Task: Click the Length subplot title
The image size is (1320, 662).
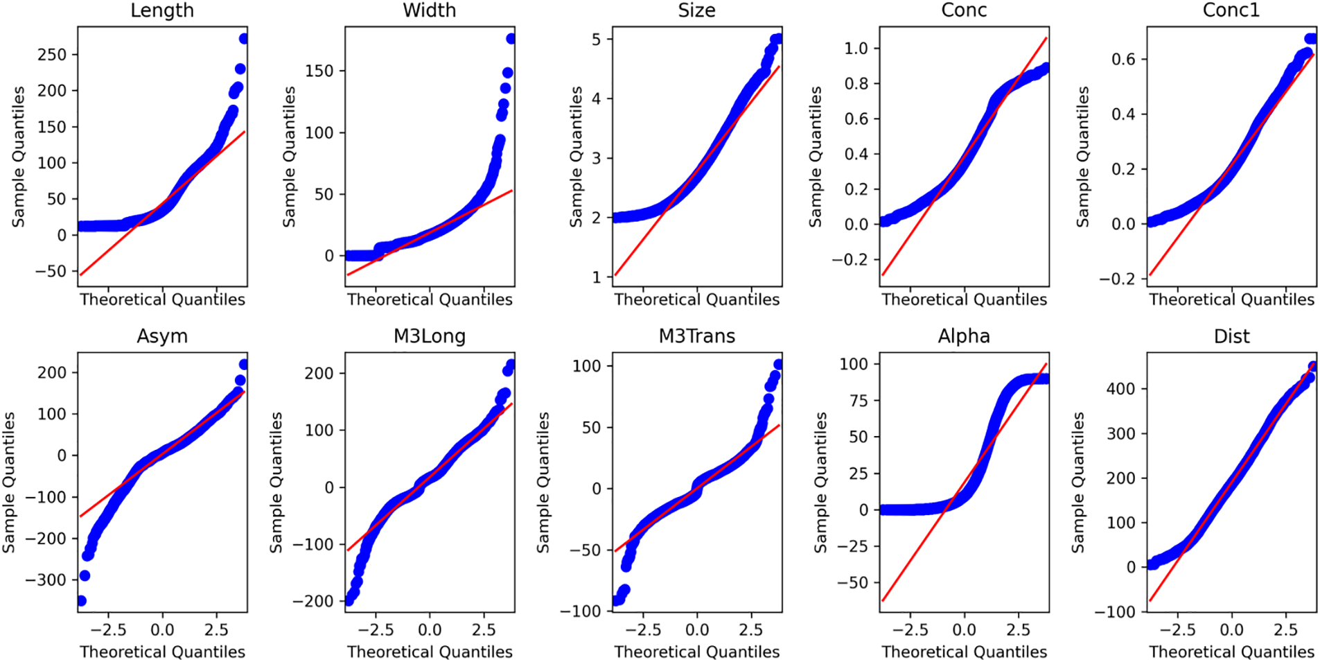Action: [162, 10]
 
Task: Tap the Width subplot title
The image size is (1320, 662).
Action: [430, 10]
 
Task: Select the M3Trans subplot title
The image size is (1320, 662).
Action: [696, 336]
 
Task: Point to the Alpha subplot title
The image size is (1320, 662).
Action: [964, 336]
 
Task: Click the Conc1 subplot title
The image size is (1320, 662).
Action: [1231, 10]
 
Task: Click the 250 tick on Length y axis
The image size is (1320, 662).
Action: [52, 55]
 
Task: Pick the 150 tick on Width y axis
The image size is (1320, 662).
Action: [319, 71]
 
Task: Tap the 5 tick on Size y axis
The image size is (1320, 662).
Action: [597, 40]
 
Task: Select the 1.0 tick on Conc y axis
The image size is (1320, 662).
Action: [856, 49]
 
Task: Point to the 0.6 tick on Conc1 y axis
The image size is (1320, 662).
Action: [1124, 60]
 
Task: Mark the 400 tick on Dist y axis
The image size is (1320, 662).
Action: [1121, 389]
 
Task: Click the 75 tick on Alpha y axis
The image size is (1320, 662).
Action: [859, 401]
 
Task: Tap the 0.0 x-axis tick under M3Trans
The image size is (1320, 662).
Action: [697, 630]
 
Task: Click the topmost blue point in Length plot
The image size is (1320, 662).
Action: [243, 39]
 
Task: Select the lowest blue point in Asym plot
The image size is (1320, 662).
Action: [81, 600]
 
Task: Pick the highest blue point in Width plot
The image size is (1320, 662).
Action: [511, 39]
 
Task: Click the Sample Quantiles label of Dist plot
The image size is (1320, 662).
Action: [1078, 482]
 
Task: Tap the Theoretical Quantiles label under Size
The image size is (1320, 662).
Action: [696, 299]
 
